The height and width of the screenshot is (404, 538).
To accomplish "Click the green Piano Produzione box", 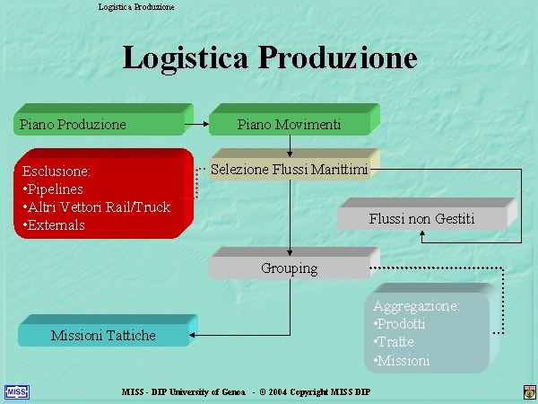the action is pos(103,119).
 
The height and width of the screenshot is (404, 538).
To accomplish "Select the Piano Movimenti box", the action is pos(294,119).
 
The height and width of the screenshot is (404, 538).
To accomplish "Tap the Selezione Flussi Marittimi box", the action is pos(294,164).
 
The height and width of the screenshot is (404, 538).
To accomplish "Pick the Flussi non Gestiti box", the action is pos(427,214).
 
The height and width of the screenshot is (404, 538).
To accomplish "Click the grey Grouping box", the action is pos(294,263).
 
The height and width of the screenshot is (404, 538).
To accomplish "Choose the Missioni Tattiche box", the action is pos(108,330).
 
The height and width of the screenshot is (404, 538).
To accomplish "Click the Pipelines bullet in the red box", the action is pos(53,189).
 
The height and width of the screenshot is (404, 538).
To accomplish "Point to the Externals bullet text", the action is pos(54,225).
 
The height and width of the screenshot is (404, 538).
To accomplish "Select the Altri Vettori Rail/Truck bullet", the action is pos(97,207).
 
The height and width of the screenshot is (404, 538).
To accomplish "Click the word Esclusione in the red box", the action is pos(55,171).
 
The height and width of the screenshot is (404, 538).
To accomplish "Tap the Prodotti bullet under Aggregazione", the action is pos(399,324).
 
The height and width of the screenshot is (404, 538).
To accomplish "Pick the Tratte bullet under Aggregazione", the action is pos(394,342).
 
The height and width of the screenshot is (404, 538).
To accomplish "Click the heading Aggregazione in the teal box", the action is pos(414,306).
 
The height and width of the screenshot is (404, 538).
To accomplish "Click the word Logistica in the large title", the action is pos(186,57).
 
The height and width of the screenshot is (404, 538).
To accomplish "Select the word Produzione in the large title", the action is pos(338,57).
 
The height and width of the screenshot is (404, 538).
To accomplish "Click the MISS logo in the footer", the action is pos(16,392).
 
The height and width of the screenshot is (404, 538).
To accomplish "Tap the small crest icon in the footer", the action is pos(529,392).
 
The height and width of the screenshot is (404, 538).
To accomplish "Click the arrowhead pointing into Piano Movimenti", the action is pos(206,124).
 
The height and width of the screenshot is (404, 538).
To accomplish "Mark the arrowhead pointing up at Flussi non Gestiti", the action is pos(422,233).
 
